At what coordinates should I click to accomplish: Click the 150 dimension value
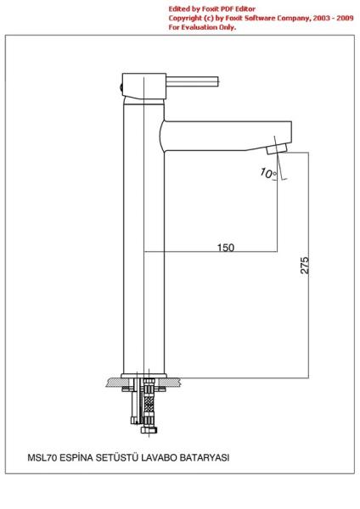pyautogui.click(x=226, y=248)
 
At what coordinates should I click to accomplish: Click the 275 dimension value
pyautogui.click(x=305, y=266)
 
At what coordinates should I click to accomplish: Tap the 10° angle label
pyautogui.click(x=268, y=173)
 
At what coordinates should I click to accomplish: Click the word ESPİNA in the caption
pyautogui.click(x=76, y=458)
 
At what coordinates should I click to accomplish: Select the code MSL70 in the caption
pyautogui.click(x=42, y=458)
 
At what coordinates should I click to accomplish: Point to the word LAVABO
pyautogui.click(x=160, y=458)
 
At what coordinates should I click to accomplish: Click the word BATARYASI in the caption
pyautogui.click(x=205, y=458)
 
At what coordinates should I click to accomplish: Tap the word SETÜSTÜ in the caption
pyautogui.click(x=116, y=458)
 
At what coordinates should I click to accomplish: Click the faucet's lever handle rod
pyautogui.click(x=193, y=81)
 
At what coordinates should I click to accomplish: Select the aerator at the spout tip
pyautogui.click(x=277, y=149)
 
